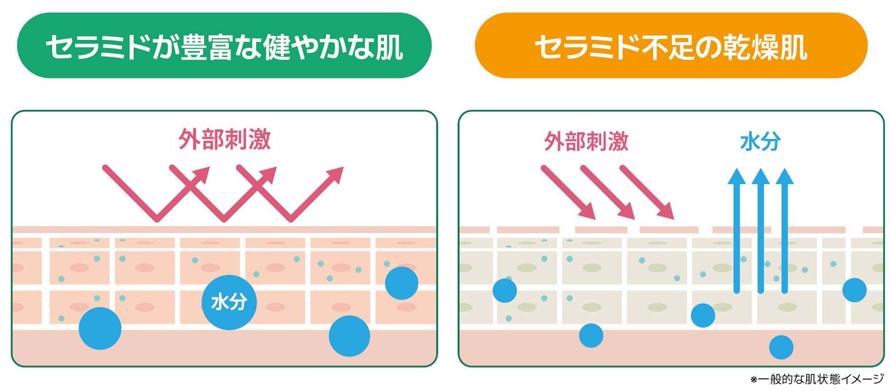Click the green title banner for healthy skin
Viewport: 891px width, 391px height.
(224, 46)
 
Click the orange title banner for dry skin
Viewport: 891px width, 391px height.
(671, 46)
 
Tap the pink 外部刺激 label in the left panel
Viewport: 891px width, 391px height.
(224, 139)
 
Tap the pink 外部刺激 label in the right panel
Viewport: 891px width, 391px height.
(586, 141)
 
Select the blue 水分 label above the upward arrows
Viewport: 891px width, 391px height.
(760, 141)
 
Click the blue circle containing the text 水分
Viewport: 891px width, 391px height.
(229, 303)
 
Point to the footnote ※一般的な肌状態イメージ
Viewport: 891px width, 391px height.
(816, 379)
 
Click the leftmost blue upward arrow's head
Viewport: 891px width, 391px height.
(736, 177)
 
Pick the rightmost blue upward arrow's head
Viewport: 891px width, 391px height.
(784, 177)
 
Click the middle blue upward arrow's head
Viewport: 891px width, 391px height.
(761, 177)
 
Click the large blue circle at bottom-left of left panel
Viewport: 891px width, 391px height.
(100, 328)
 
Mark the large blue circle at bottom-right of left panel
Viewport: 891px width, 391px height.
(349, 336)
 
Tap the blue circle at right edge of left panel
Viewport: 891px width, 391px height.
(401, 283)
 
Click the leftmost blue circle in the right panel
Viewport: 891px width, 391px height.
(504, 290)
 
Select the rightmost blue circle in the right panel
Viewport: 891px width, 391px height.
(854, 290)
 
